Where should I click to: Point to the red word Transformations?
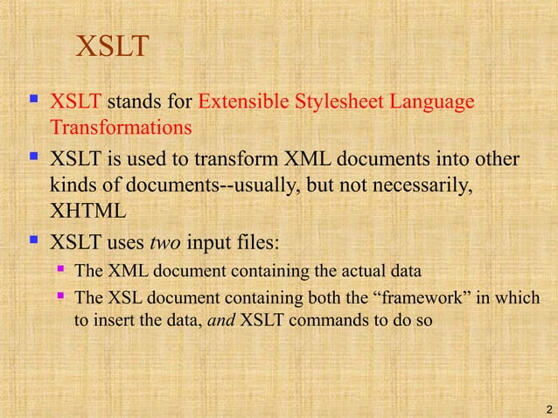pyautogui.click(x=121, y=128)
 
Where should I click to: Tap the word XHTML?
pyautogui.click(x=88, y=210)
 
